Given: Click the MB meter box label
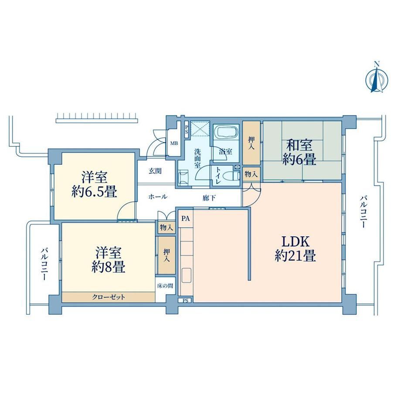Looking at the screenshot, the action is [174, 143].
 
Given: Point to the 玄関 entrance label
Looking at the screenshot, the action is [155, 171].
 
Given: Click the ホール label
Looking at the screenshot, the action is [158, 197].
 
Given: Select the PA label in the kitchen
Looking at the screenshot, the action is [186, 219].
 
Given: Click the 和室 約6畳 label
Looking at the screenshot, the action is [299, 153].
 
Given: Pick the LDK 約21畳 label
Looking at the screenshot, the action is [296, 248].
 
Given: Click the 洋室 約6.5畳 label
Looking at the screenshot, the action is [95, 184].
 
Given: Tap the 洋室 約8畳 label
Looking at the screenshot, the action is [109, 260].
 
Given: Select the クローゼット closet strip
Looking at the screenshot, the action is [109, 297].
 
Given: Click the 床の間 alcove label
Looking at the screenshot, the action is [165, 285].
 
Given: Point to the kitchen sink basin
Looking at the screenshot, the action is [186, 275].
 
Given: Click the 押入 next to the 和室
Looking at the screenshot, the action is [251, 143].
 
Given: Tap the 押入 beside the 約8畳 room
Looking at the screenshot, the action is [167, 255].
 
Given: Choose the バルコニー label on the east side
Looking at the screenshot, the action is [364, 212].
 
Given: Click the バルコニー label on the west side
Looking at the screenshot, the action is [44, 264].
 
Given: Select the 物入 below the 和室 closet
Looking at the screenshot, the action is [251, 174].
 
